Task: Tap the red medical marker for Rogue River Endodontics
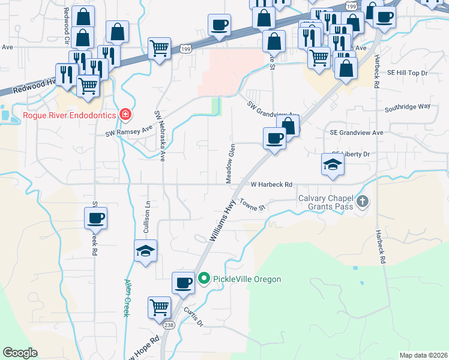tap(125, 114)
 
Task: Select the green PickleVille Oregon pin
tap(204, 278)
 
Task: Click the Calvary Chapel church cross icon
tap(362, 202)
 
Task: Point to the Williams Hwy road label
tap(221, 221)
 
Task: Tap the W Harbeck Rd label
tap(271, 185)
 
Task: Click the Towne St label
tap(252, 205)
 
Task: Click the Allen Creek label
tap(128, 298)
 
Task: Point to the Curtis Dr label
tap(194, 317)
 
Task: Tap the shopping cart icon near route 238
tap(160, 307)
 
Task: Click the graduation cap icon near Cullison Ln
tap(145, 251)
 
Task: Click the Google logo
tap(20, 352)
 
